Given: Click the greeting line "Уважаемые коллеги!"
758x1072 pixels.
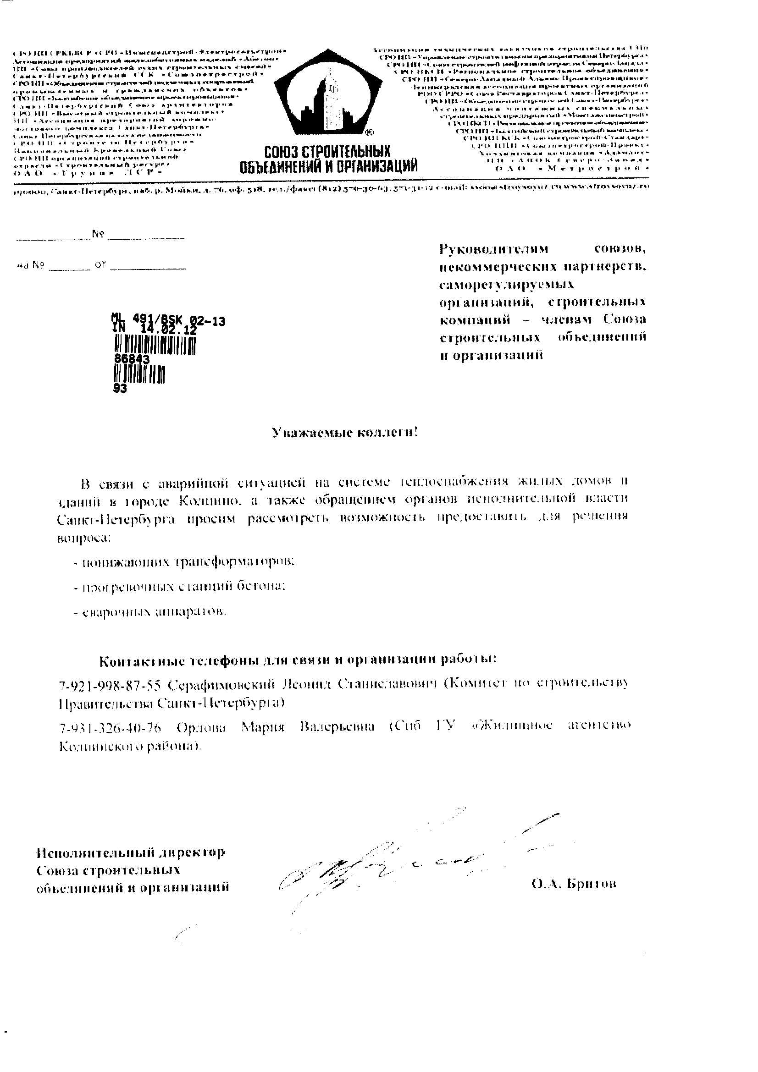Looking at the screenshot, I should click(x=345, y=433).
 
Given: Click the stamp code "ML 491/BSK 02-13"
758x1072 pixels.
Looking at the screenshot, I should click(x=168, y=320).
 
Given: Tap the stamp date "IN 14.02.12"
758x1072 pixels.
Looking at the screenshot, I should click(x=154, y=330).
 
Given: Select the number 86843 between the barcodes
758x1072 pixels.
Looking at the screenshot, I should click(x=132, y=359).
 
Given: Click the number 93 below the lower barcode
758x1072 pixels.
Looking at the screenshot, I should click(x=120, y=389).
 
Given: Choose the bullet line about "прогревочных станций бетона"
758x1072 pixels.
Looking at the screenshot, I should click(x=180, y=587).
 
